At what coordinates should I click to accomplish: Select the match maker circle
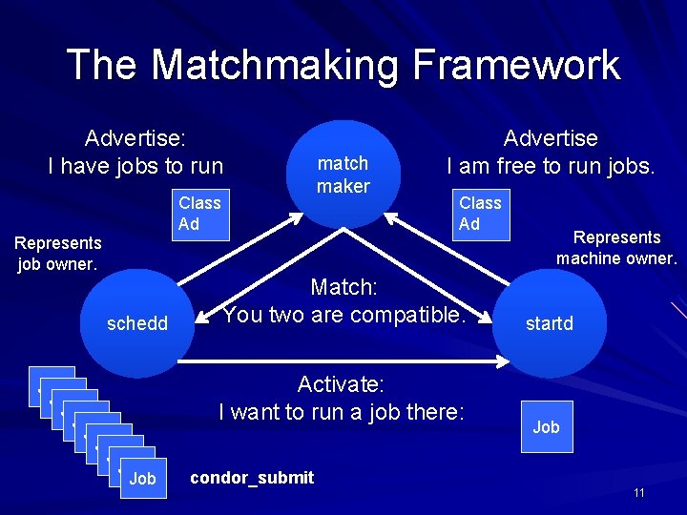pyautogui.click(x=343, y=175)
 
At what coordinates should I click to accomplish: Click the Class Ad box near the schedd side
pyautogui.click(x=199, y=214)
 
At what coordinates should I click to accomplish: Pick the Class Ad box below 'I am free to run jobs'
pyautogui.click(x=480, y=214)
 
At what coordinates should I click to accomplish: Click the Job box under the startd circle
pyautogui.click(x=546, y=426)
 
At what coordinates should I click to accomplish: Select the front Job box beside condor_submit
pyautogui.click(x=142, y=478)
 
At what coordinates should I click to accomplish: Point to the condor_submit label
pyautogui.click(x=252, y=478)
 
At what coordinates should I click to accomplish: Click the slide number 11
pyautogui.click(x=638, y=492)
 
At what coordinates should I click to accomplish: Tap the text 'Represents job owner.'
pyautogui.click(x=57, y=254)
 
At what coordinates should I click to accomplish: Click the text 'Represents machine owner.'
pyautogui.click(x=616, y=248)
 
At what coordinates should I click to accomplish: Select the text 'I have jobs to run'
pyautogui.click(x=135, y=166)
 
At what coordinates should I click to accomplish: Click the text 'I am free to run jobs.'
pyautogui.click(x=551, y=166)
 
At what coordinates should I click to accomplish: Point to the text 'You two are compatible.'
pyautogui.click(x=343, y=314)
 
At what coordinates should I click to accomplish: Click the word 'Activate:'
pyautogui.click(x=341, y=384)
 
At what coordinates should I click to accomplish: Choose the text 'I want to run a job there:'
pyautogui.click(x=341, y=412)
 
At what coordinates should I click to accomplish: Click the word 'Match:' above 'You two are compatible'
pyautogui.click(x=343, y=285)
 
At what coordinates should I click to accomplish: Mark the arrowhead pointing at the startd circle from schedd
pyautogui.click(x=503, y=360)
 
